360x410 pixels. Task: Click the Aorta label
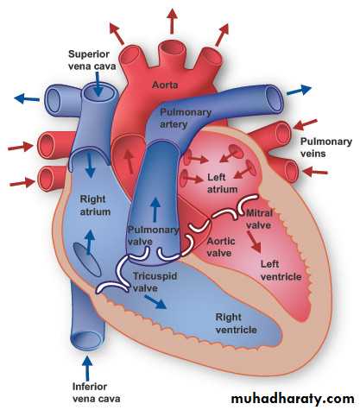[x=165, y=85]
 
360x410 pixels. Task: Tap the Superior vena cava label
[x=92, y=60]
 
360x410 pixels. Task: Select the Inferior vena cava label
[x=96, y=393]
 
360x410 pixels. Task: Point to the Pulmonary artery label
[x=186, y=118]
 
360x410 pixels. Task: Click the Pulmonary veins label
[x=326, y=148]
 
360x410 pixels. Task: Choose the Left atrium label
[x=223, y=183]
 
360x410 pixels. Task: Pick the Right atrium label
[x=95, y=205]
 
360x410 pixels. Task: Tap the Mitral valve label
[x=259, y=219]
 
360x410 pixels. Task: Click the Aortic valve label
[x=221, y=247]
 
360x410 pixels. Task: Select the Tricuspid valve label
[x=155, y=282]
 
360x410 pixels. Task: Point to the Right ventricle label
[x=237, y=324]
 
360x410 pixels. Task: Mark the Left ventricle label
[x=281, y=270]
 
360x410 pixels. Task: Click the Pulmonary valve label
[x=153, y=236]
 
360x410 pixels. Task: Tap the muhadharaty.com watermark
[x=293, y=399]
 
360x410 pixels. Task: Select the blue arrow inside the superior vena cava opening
[x=98, y=84]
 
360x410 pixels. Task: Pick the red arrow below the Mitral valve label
[x=255, y=243]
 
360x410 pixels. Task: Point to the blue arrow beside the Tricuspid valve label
[x=155, y=302]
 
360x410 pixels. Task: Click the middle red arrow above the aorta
[x=172, y=21]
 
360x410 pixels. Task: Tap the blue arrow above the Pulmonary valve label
[x=155, y=210]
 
